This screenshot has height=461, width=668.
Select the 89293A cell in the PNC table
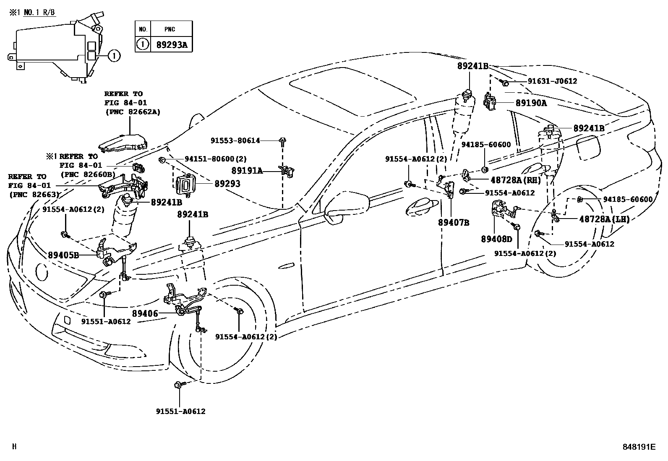(172, 44)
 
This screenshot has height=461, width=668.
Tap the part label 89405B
(63, 255)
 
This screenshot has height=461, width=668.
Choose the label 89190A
(531, 102)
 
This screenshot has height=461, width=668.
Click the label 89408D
(496, 239)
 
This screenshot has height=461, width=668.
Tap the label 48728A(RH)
(516, 180)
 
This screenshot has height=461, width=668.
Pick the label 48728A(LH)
(604, 219)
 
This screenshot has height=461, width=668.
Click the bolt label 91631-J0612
(552, 81)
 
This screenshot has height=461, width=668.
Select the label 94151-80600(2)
(216, 159)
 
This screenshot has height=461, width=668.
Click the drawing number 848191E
(638, 447)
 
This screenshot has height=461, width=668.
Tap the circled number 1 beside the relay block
(115, 55)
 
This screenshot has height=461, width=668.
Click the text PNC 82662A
(132, 112)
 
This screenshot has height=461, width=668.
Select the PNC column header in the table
(170, 29)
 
